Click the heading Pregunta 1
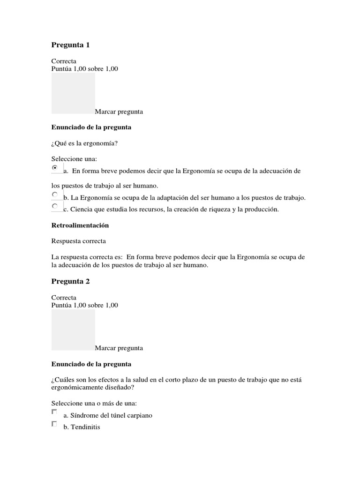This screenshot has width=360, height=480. [70, 45]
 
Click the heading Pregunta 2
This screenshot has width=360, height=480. [70, 281]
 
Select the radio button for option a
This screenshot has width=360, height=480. [55, 167]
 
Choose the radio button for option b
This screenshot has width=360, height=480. [55, 194]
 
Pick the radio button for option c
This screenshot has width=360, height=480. [55, 206]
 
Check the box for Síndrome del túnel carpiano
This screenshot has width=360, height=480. [54, 412]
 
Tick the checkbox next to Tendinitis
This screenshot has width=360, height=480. [54, 424]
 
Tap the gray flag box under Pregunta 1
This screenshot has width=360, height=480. [73, 93]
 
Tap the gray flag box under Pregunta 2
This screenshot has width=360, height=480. [73, 329]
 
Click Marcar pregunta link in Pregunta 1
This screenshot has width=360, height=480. [119, 112]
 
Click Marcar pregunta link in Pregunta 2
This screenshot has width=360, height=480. [119, 348]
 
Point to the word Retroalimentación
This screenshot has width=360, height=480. [80, 225]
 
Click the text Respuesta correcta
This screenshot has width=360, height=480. [78, 241]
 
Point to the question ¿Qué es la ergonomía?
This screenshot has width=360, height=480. [84, 143]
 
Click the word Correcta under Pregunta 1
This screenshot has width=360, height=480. [64, 61]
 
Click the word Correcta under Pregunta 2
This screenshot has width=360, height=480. [64, 297]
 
